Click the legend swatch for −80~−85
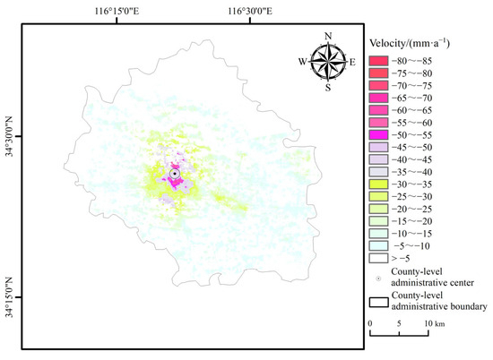point(378,59)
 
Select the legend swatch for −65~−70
point(378,97)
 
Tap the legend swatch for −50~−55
point(378,133)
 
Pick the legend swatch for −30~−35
point(378,183)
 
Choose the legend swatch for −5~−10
point(378,244)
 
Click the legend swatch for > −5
point(378,257)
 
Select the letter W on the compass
point(301,63)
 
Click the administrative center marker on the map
point(174,174)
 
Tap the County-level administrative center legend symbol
point(378,276)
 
